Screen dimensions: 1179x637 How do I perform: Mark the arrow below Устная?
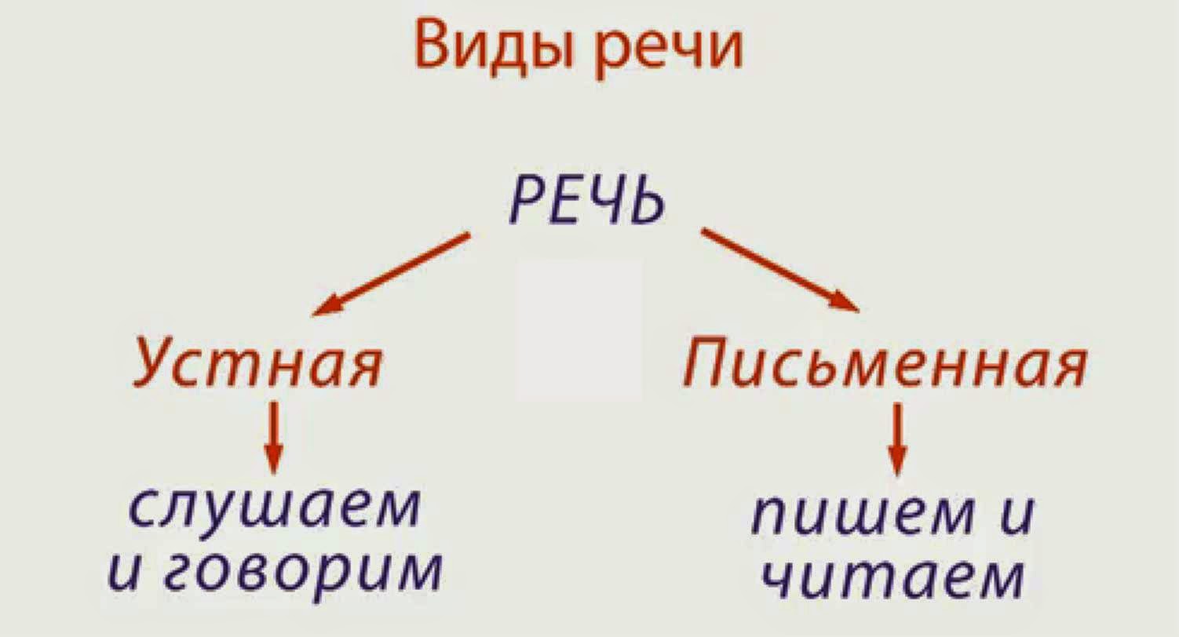coord(273,437)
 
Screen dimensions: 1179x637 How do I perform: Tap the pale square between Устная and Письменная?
coord(579,330)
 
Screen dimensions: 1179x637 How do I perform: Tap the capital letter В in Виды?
coord(433,46)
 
